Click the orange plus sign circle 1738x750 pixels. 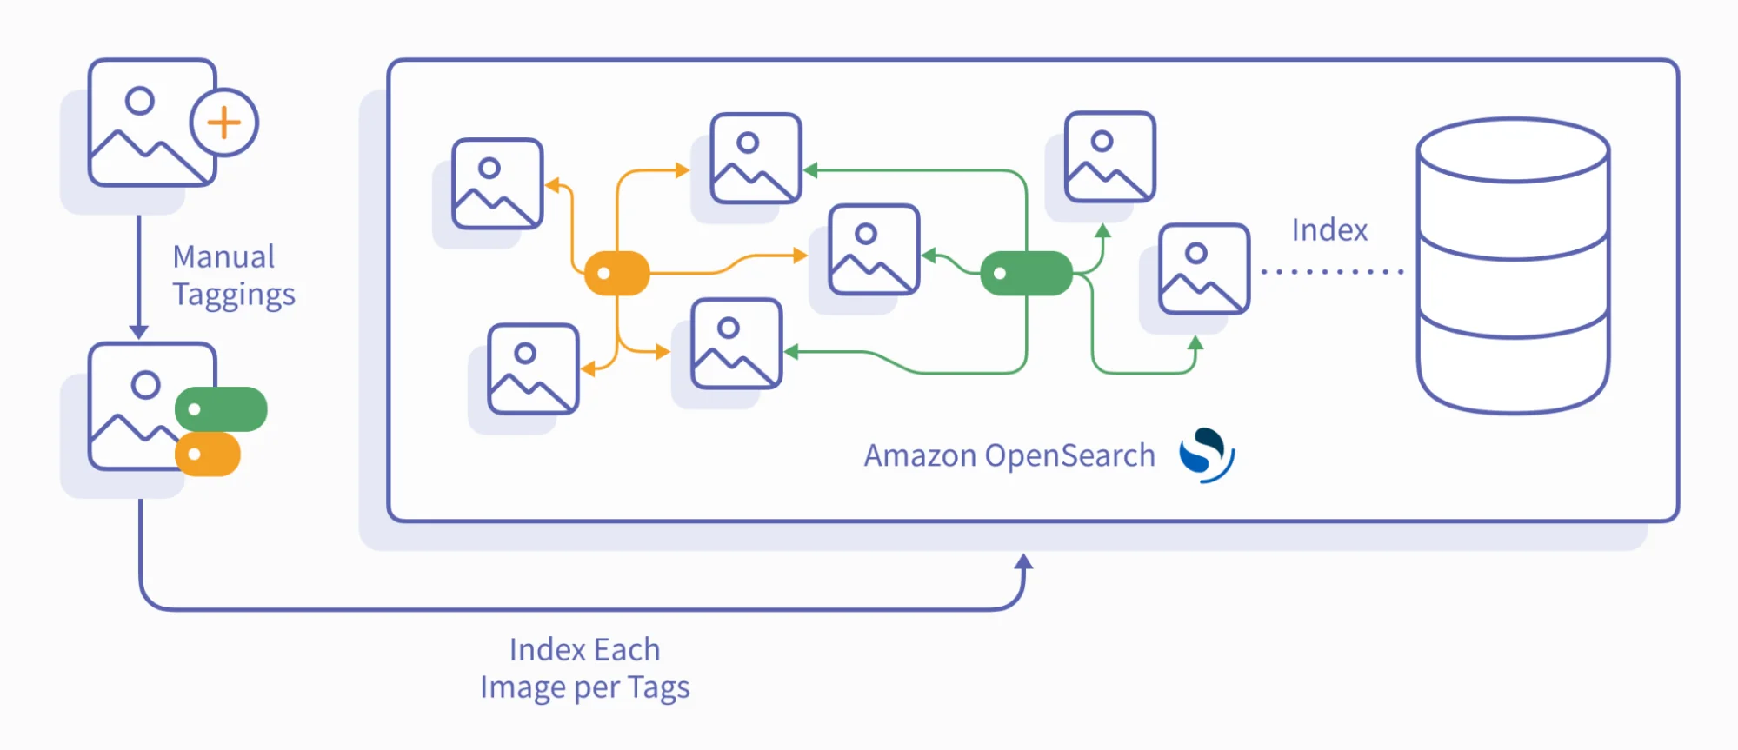[224, 123]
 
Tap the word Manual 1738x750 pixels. [223, 256]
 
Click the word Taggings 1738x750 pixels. [234, 295]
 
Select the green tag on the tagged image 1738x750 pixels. [221, 409]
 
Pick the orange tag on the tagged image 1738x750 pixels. [208, 455]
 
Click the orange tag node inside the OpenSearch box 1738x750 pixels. [617, 274]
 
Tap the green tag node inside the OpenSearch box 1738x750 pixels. [1026, 274]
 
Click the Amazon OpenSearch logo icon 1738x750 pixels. [1207, 455]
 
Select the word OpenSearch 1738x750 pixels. [1070, 455]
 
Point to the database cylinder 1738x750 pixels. [1513, 266]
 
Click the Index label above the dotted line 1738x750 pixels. [1329, 230]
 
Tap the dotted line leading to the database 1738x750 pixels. [1332, 272]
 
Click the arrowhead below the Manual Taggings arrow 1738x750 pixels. [138, 332]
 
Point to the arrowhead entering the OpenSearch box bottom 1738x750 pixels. [1024, 562]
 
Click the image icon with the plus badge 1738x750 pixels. [152, 123]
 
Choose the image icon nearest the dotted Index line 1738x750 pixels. [1204, 269]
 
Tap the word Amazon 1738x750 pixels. [920, 455]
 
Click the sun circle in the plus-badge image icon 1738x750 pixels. [139, 101]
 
